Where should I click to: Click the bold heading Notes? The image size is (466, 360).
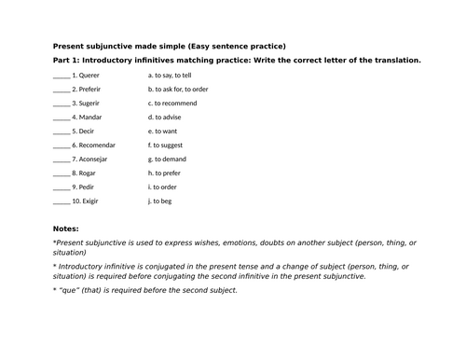coord(66,228)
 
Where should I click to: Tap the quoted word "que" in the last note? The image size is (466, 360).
coord(69,290)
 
